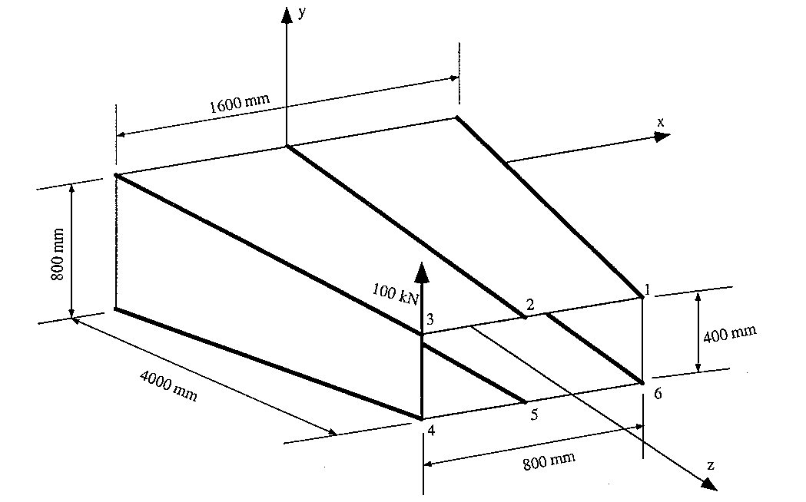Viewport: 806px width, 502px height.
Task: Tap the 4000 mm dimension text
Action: pyautogui.click(x=168, y=385)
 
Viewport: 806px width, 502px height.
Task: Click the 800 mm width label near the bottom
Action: pyautogui.click(x=549, y=461)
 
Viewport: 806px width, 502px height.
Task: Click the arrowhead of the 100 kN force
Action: pyautogui.click(x=421, y=270)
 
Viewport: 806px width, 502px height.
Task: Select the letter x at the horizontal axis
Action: pyautogui.click(x=660, y=122)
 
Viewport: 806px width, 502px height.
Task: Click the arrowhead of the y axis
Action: pyautogui.click(x=287, y=14)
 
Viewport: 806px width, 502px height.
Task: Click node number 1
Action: pyautogui.click(x=648, y=289)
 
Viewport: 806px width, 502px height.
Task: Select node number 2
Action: pyautogui.click(x=529, y=305)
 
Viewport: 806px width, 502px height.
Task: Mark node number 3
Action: pyautogui.click(x=430, y=319)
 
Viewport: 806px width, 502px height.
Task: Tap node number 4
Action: pyautogui.click(x=431, y=431)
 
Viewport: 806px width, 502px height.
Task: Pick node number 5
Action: pyautogui.click(x=533, y=414)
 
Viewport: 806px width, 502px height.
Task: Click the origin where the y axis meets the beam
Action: pyautogui.click(x=287, y=145)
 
